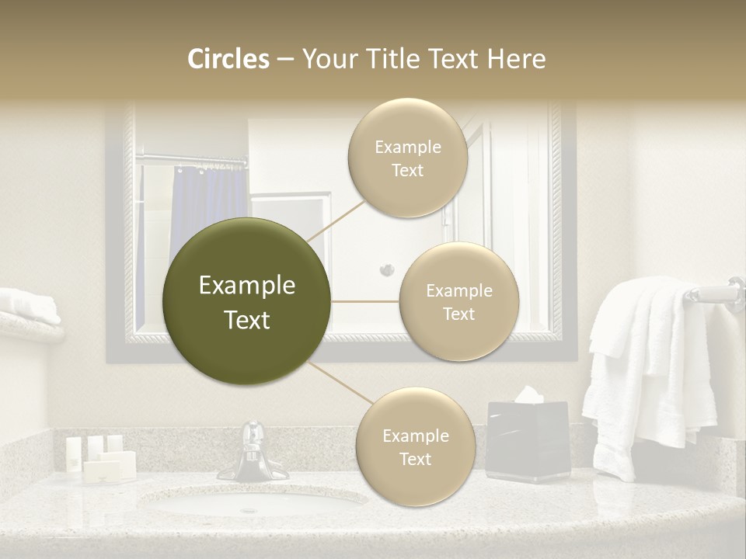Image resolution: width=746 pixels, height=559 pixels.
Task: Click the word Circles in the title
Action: pos(228,59)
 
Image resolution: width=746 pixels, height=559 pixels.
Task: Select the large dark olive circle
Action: pos(247,302)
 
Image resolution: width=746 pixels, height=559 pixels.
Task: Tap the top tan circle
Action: pos(407,158)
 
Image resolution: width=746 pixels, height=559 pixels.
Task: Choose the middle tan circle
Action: pos(458,301)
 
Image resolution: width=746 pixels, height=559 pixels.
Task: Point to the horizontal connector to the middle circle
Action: pos(365,301)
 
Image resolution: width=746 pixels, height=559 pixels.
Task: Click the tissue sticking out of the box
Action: pos(528,395)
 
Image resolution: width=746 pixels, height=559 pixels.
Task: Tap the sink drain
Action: pos(249,510)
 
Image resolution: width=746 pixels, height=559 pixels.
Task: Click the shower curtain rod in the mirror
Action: pos(190,161)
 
